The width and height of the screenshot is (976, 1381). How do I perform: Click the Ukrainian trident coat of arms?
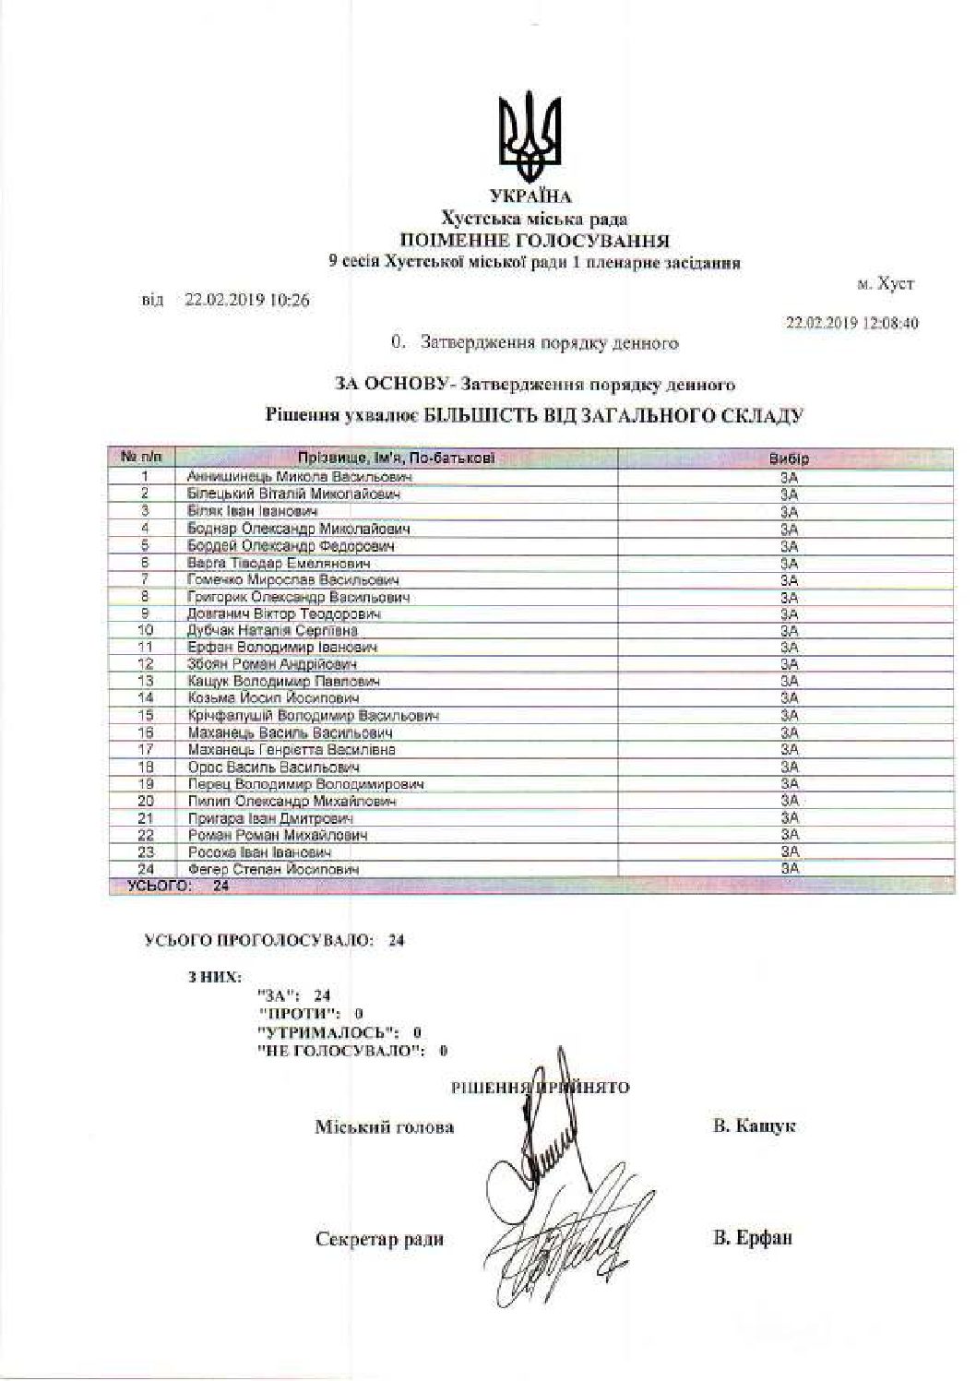click(x=530, y=137)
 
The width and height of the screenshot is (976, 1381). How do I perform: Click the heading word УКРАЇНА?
click(x=530, y=196)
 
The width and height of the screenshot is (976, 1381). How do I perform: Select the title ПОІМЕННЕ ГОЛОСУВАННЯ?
click(x=534, y=241)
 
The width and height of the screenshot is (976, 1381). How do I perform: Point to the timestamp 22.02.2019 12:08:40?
click(x=851, y=324)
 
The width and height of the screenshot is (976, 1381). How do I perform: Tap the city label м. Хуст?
click(x=886, y=284)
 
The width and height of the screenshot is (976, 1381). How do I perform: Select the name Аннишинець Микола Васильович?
click(x=299, y=477)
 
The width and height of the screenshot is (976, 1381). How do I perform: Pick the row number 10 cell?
click(x=145, y=630)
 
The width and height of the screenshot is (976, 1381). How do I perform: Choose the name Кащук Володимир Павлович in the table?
click(x=283, y=681)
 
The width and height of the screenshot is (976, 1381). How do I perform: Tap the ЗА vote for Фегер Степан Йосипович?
click(x=789, y=868)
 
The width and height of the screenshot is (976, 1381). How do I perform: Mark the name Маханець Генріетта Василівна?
click(x=292, y=750)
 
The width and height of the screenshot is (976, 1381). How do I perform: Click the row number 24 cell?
click(x=145, y=868)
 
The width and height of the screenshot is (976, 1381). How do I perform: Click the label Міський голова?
click(x=385, y=1127)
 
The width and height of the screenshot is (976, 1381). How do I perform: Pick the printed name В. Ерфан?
click(x=753, y=1238)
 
